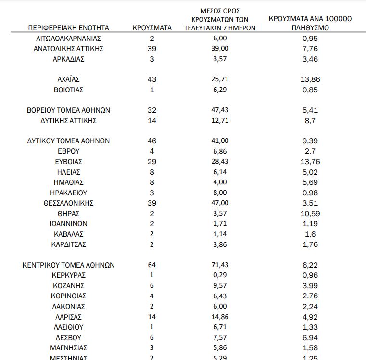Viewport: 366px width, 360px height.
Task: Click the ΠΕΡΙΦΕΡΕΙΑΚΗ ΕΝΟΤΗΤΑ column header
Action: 68,28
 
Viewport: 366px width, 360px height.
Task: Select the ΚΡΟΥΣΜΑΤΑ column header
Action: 152,28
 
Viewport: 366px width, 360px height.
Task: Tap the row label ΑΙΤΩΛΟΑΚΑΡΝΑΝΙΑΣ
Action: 68,38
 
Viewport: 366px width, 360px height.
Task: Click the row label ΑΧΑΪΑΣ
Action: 68,79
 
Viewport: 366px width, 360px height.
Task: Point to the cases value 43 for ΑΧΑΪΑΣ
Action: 152,79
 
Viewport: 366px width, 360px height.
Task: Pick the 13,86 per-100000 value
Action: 310,79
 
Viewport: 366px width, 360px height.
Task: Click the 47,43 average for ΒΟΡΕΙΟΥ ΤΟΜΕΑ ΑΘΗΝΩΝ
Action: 220,110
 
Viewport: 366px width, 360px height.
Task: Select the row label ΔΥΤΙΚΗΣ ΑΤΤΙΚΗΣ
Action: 68,120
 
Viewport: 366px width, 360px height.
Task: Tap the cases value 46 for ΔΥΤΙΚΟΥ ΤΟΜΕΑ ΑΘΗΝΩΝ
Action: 152,141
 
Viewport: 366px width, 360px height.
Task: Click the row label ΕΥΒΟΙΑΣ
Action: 68,162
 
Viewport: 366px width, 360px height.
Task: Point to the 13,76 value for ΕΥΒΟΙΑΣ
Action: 310,162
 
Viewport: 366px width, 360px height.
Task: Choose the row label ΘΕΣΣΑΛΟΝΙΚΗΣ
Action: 68,203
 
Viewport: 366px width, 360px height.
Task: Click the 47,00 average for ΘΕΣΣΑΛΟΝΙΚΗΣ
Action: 220,203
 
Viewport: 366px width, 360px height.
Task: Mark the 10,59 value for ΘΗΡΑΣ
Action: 310,213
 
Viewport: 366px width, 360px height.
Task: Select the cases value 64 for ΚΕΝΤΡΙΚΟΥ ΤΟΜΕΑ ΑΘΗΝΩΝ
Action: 152,265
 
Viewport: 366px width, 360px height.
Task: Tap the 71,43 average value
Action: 220,265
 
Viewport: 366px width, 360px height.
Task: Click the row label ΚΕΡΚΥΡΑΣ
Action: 68,275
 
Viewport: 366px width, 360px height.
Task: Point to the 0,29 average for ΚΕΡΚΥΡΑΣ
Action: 220,275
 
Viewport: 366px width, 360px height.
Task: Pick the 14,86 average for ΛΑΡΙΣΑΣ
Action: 220,317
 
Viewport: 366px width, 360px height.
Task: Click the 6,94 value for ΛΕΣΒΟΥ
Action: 310,337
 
